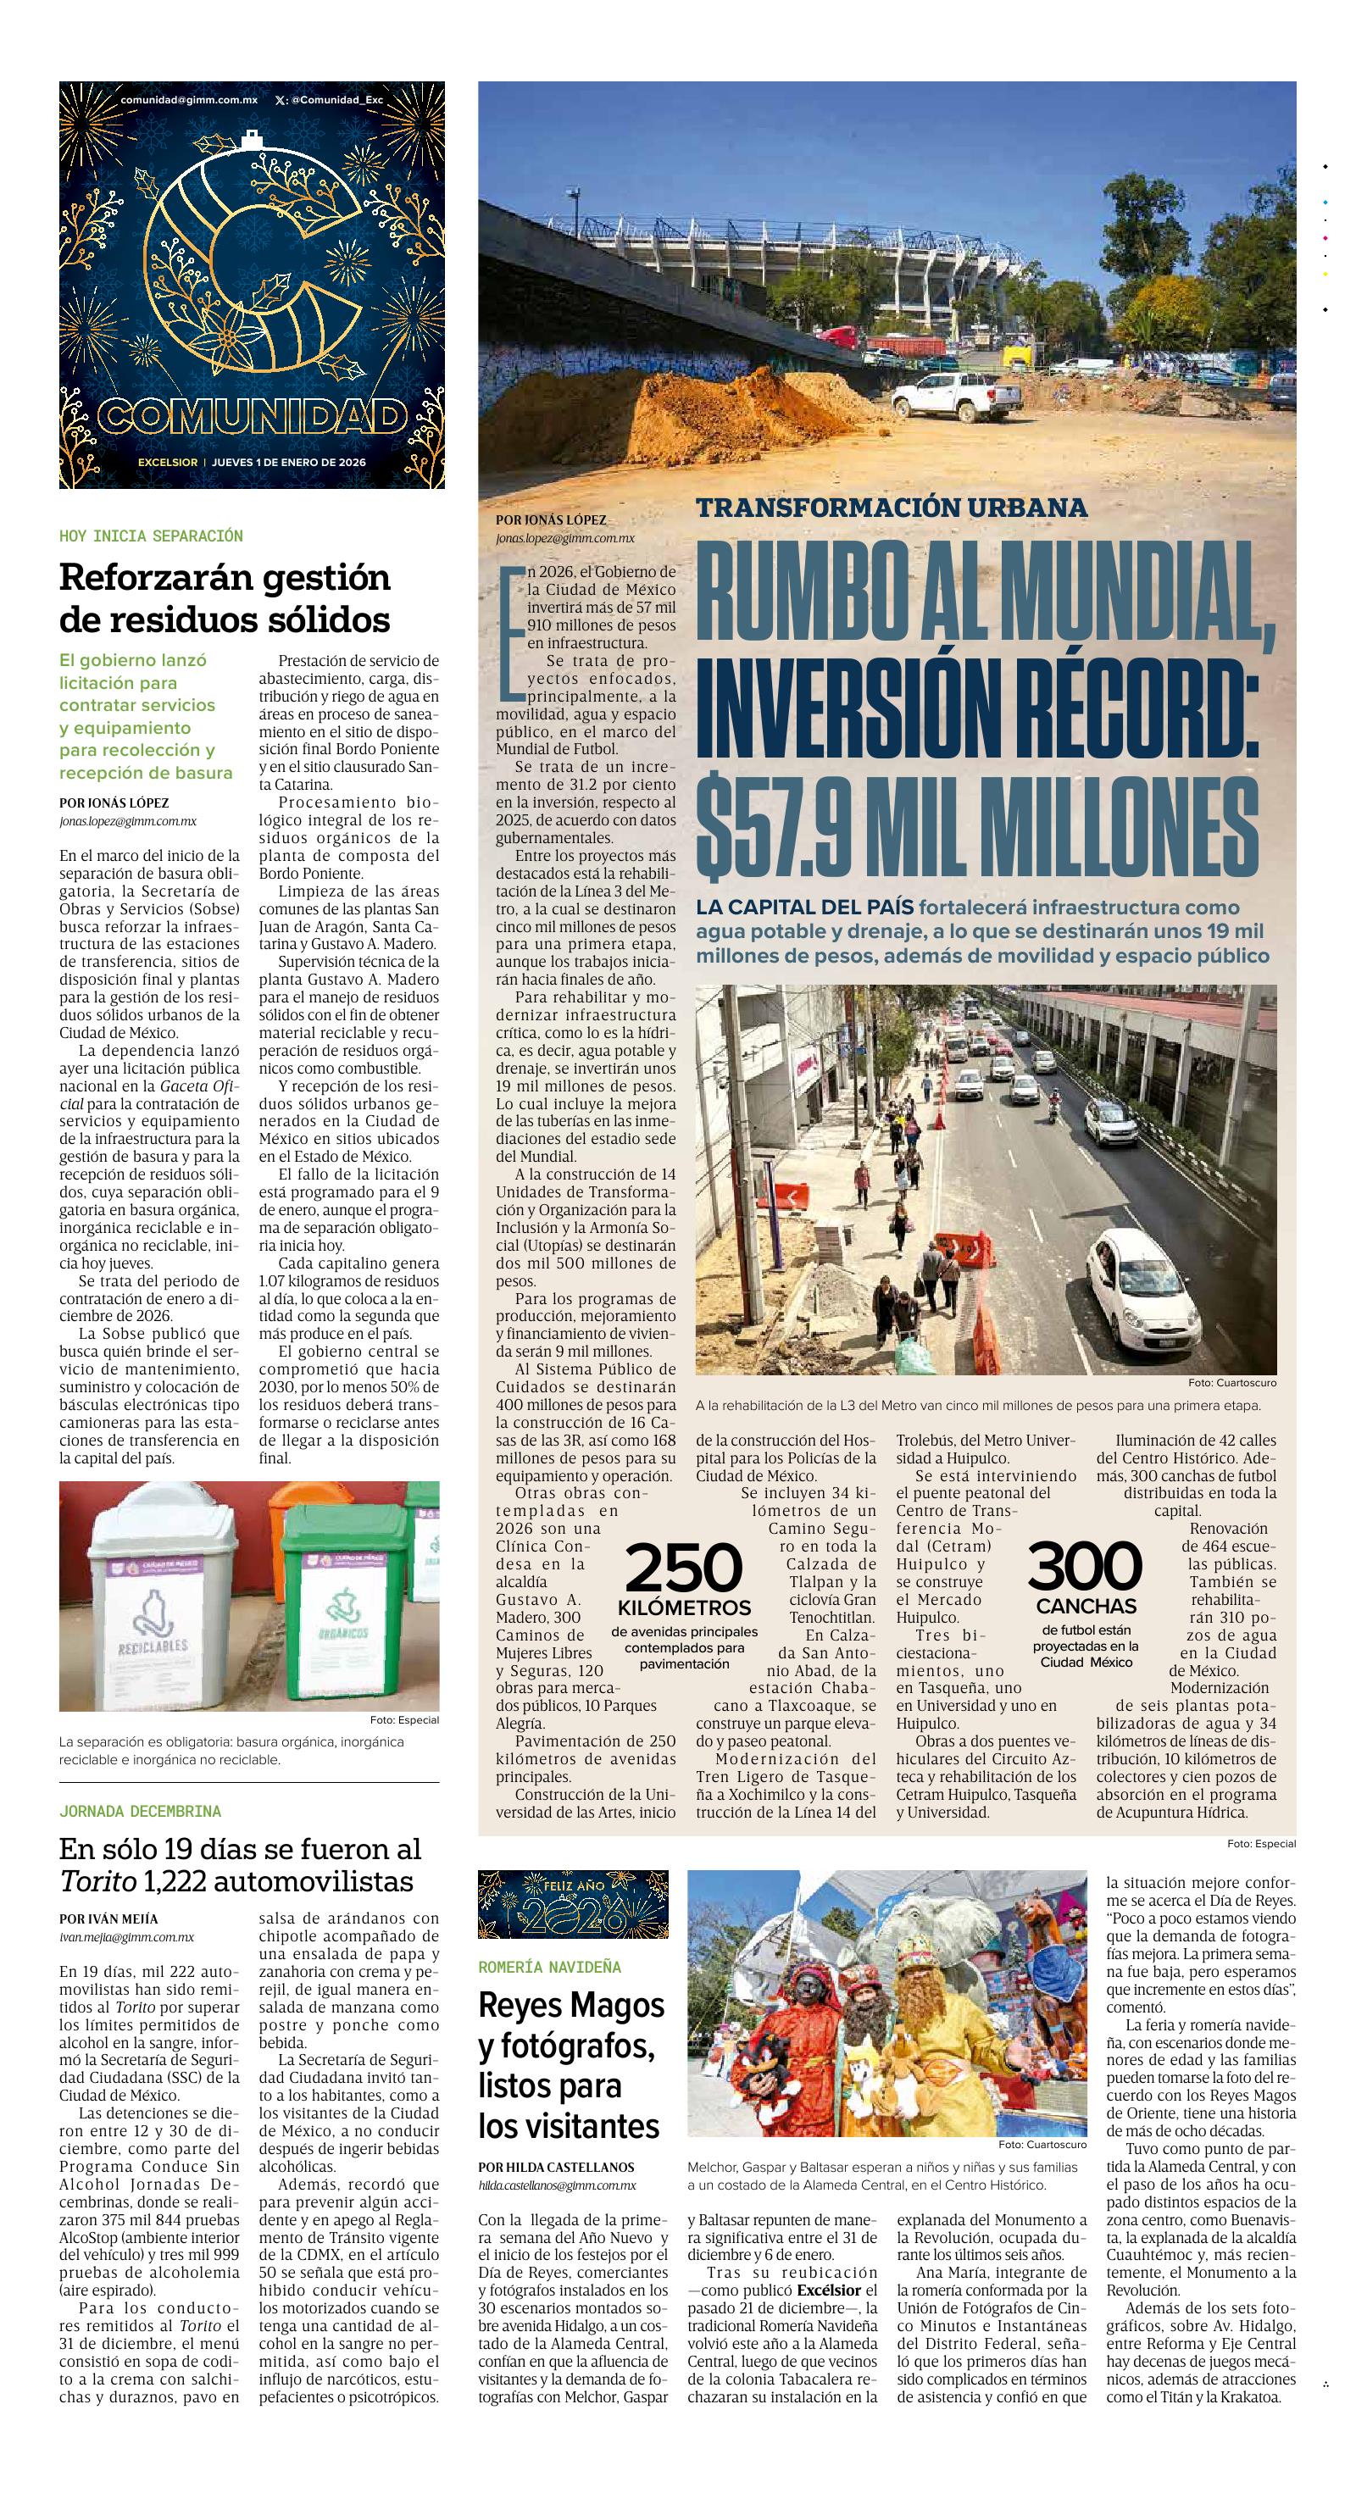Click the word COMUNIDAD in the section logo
(252, 417)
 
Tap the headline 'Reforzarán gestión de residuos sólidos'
(225, 597)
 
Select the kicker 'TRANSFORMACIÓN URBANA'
(892, 507)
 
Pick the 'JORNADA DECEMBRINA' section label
(139, 1811)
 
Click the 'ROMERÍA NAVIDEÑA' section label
(549, 1968)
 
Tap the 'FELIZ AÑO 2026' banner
(573, 1903)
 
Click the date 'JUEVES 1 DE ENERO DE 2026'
(288, 463)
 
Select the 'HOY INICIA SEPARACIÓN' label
(151, 536)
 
